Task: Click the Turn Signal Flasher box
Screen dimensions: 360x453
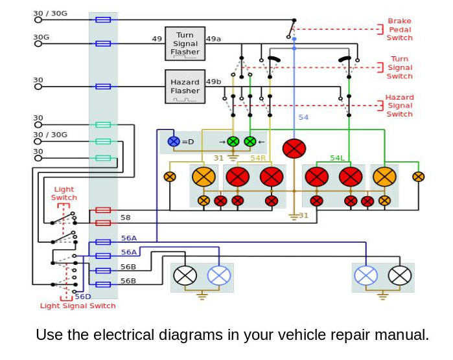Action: [x=185, y=43]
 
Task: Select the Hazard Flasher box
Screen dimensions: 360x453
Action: [x=185, y=87]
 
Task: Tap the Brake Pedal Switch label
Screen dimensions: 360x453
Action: [x=399, y=29]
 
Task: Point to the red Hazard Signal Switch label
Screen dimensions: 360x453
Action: [x=399, y=106]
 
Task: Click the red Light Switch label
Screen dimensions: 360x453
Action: [x=64, y=194]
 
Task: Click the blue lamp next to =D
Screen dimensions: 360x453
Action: [x=173, y=141]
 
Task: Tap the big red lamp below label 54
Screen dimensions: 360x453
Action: [x=294, y=148]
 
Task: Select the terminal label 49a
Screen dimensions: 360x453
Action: [x=213, y=39]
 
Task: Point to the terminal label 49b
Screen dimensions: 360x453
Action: [x=213, y=82]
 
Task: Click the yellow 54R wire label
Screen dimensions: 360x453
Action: [x=258, y=158]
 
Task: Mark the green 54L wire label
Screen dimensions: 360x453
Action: [x=337, y=158]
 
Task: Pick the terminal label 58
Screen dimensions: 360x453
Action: [x=126, y=218]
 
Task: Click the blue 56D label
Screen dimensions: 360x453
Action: [x=82, y=297]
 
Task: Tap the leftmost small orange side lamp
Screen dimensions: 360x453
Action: [x=170, y=176]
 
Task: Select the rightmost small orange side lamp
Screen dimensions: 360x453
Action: [x=419, y=176]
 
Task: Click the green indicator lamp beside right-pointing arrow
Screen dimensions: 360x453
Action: [x=233, y=141]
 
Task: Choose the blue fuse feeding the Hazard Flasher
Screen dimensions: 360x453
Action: [x=103, y=86]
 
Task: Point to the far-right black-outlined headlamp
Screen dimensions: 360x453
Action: [x=400, y=276]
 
